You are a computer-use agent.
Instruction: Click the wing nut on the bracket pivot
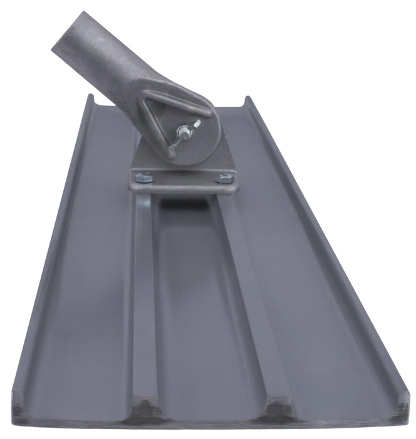coord(183,132)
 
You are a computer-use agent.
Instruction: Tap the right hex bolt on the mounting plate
coord(224,177)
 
